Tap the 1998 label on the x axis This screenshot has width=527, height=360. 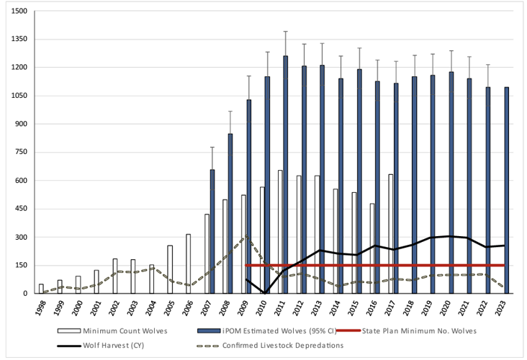click(x=41, y=307)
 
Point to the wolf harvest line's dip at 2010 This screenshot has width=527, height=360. click(x=266, y=293)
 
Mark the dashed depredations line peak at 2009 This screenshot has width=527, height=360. click(x=247, y=236)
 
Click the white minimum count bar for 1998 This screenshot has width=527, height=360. click(x=41, y=289)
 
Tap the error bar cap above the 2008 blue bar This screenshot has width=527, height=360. click(x=230, y=111)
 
